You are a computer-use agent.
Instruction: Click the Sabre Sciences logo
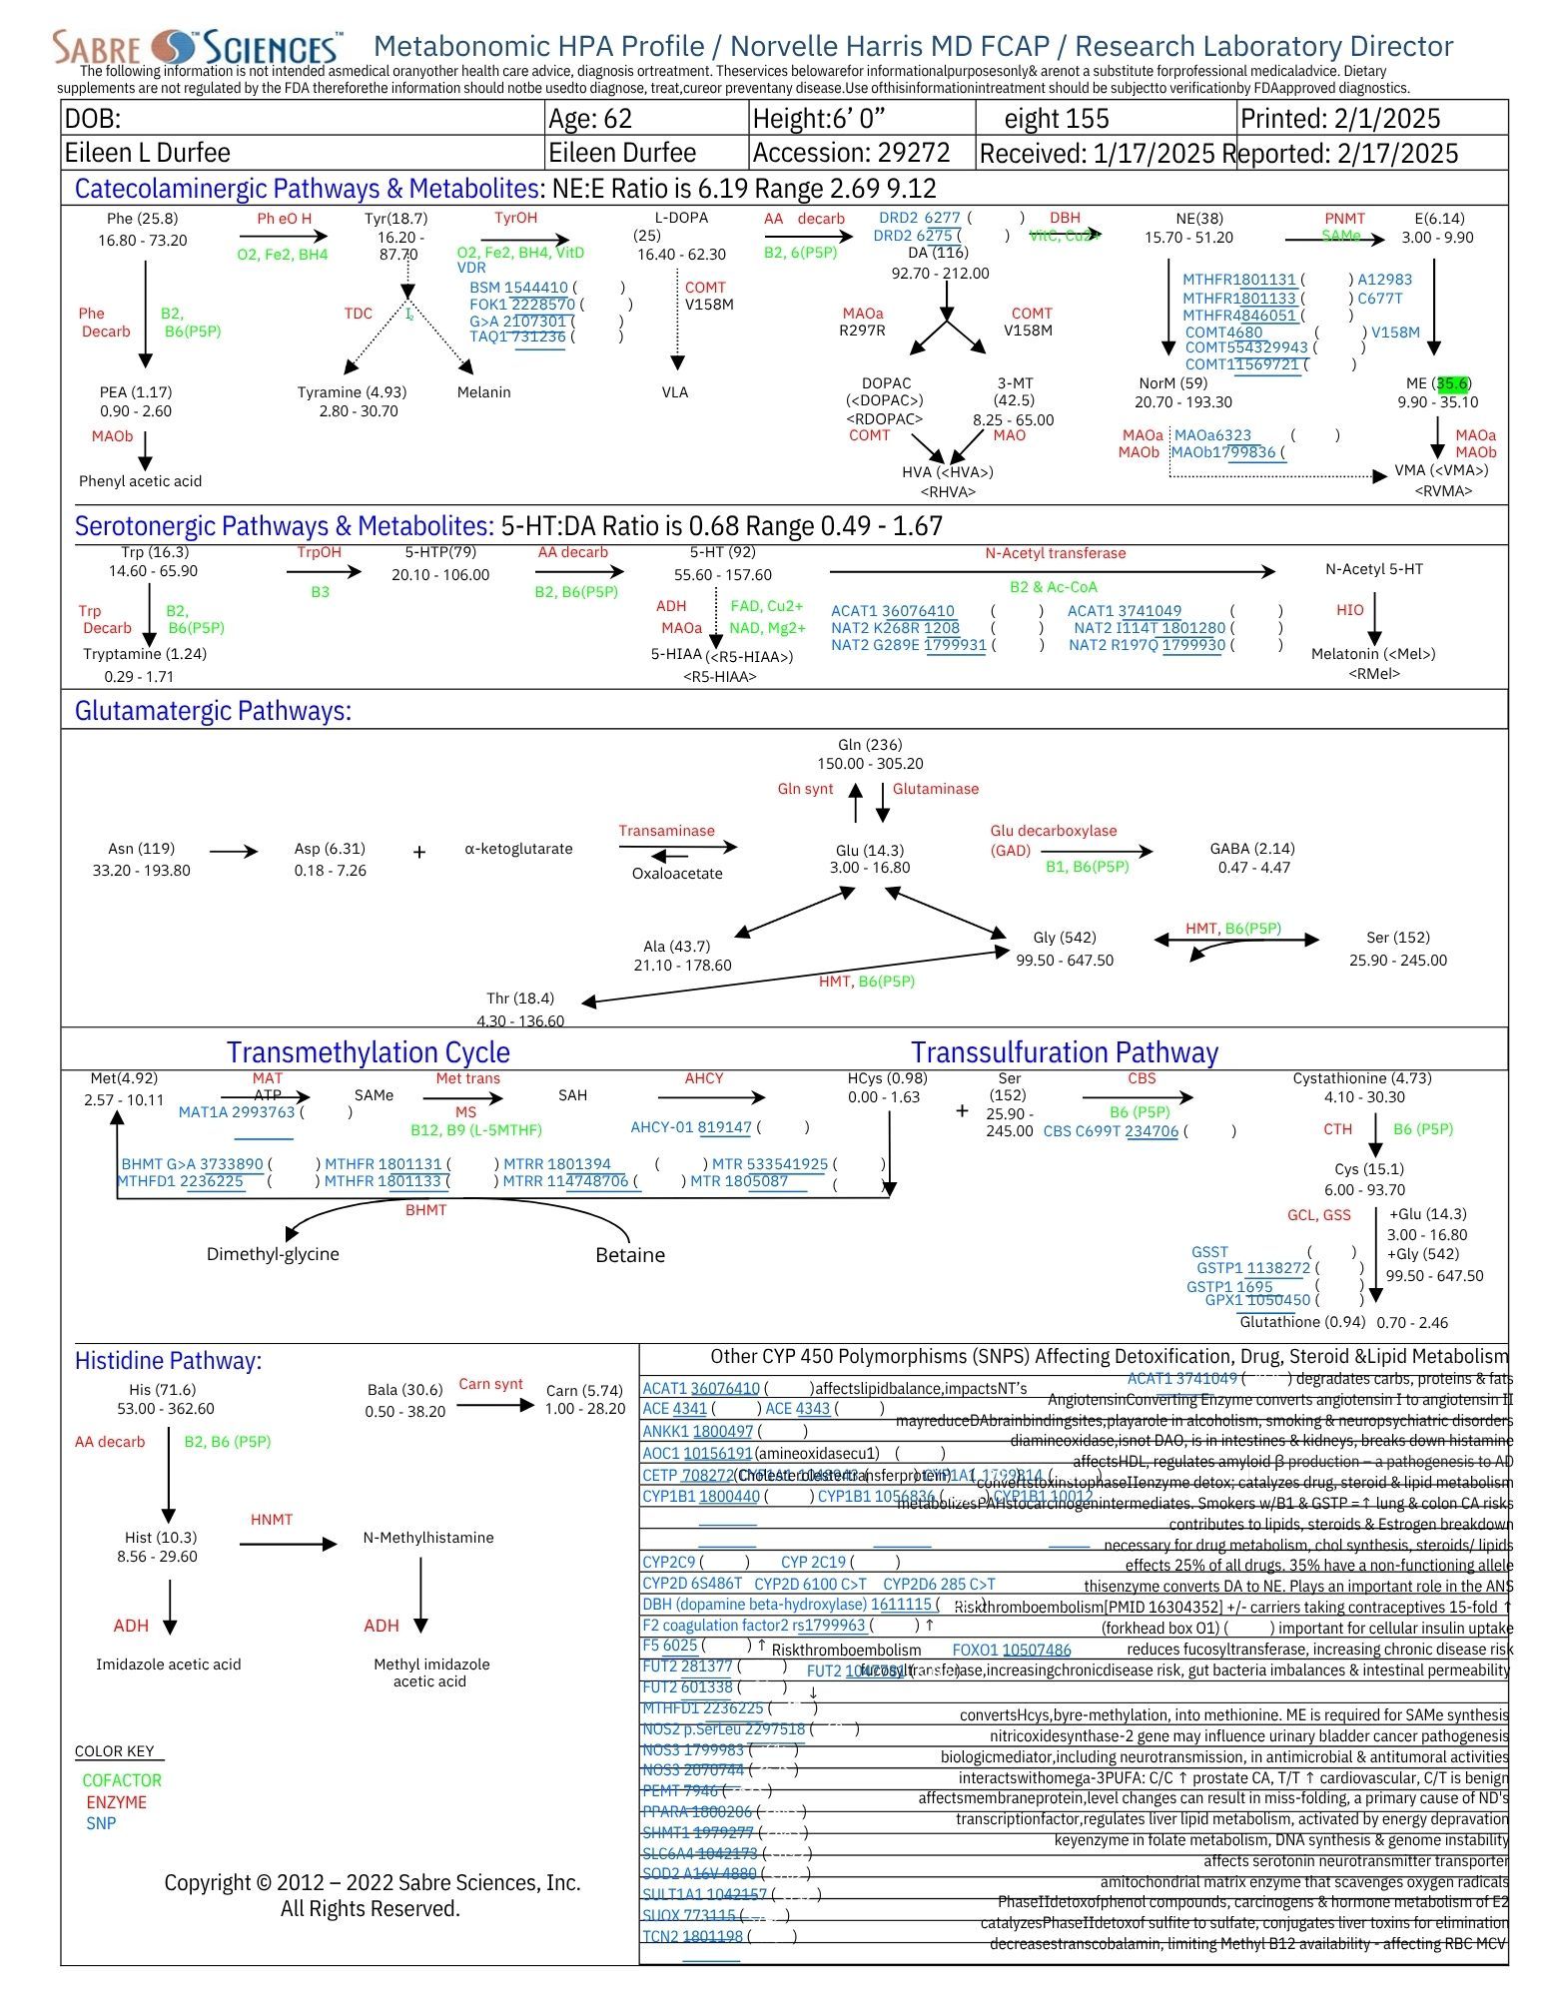point(198,47)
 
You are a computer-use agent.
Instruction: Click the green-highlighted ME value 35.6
point(1451,383)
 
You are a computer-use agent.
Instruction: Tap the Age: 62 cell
point(590,119)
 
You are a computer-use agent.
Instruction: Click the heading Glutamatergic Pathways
point(213,711)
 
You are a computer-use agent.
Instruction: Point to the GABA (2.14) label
point(1252,849)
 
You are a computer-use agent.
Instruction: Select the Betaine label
point(629,1255)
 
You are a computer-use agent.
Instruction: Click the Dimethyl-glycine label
point(273,1254)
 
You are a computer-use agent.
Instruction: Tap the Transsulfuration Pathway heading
point(1065,1052)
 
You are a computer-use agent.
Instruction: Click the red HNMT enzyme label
point(272,1520)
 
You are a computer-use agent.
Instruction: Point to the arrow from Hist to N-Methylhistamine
point(288,1545)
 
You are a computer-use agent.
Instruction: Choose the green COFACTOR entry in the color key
point(122,1780)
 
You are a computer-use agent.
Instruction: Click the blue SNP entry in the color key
point(101,1823)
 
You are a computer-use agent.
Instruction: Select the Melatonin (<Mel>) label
point(1373,654)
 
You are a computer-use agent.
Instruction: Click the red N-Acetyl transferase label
point(1055,553)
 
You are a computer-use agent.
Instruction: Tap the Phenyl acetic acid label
point(140,481)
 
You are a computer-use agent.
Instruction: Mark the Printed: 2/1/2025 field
point(1339,119)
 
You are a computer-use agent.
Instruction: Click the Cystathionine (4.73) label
point(1361,1078)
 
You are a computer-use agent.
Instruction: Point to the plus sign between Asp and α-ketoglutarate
point(419,852)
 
